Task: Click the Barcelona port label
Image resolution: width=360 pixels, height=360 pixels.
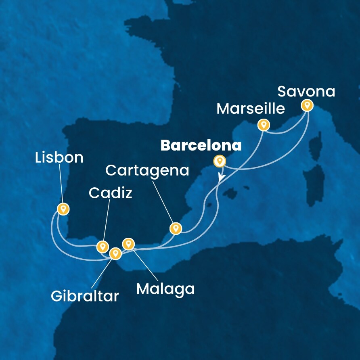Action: click(x=201, y=146)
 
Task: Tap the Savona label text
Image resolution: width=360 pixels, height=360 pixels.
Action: click(x=306, y=92)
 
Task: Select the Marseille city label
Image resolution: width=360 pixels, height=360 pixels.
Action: click(x=251, y=108)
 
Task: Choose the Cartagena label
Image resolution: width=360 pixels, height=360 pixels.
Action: click(x=147, y=170)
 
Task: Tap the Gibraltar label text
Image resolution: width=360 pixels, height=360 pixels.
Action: click(x=85, y=296)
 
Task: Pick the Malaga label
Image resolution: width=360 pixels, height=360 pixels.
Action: click(x=165, y=289)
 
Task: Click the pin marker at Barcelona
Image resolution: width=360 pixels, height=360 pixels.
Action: click(x=220, y=161)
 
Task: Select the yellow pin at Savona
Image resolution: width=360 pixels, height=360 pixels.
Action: click(x=307, y=105)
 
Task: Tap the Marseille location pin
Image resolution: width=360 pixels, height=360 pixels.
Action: click(x=264, y=124)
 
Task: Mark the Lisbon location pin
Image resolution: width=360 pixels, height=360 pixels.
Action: click(x=63, y=209)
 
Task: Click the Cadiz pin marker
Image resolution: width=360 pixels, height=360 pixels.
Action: click(x=103, y=246)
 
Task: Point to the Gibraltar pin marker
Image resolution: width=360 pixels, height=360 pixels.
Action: click(x=115, y=253)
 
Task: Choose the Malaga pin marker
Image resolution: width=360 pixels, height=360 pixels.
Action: click(x=128, y=243)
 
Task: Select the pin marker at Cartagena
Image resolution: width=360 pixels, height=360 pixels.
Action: click(x=175, y=228)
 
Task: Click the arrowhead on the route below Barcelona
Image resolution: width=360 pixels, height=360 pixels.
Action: click(x=221, y=177)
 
